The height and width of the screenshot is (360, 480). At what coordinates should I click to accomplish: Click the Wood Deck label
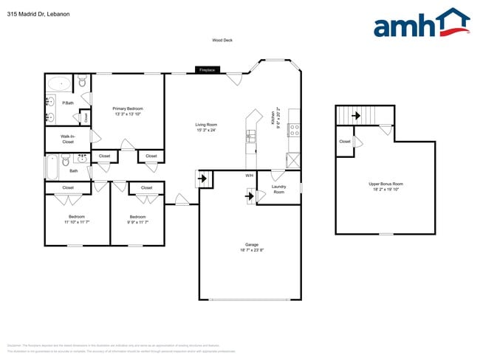pyautogui.click(x=222, y=41)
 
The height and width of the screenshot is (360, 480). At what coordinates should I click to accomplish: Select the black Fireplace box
pyautogui.click(x=208, y=70)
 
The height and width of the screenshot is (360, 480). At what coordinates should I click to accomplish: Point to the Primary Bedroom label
pyautogui.click(x=128, y=108)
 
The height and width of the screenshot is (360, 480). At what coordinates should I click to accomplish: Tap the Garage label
pyautogui.click(x=251, y=244)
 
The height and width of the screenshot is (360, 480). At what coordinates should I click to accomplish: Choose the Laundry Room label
pyautogui.click(x=278, y=190)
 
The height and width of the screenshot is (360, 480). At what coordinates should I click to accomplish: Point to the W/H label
pyautogui.click(x=250, y=176)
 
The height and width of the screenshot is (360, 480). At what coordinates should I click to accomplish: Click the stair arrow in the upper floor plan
pyautogui.click(x=355, y=115)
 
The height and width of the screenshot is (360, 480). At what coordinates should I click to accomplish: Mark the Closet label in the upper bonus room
pyautogui.click(x=345, y=141)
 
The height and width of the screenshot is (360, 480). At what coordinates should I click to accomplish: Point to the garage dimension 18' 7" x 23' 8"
pyautogui.click(x=251, y=251)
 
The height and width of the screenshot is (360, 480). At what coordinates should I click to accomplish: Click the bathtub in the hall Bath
pyautogui.click(x=52, y=167)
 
